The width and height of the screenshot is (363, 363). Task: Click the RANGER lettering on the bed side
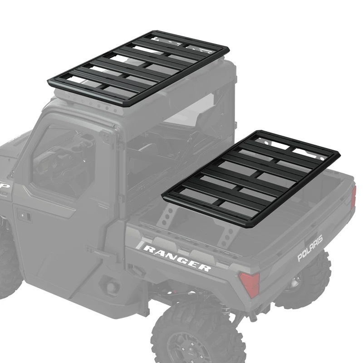177,258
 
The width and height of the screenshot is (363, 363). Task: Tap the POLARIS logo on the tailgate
310,248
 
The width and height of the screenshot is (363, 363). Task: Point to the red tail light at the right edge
354,197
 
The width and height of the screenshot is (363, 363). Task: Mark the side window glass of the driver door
64,159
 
